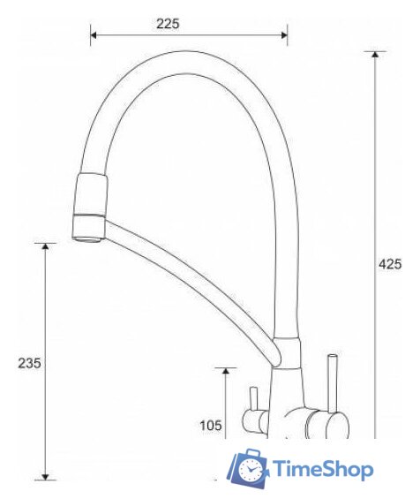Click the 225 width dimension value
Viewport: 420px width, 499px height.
168,24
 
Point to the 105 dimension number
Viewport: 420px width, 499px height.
210,426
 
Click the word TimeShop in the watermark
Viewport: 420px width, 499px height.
323,469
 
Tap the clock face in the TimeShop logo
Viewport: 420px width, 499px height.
251,468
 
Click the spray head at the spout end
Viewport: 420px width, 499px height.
90,207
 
